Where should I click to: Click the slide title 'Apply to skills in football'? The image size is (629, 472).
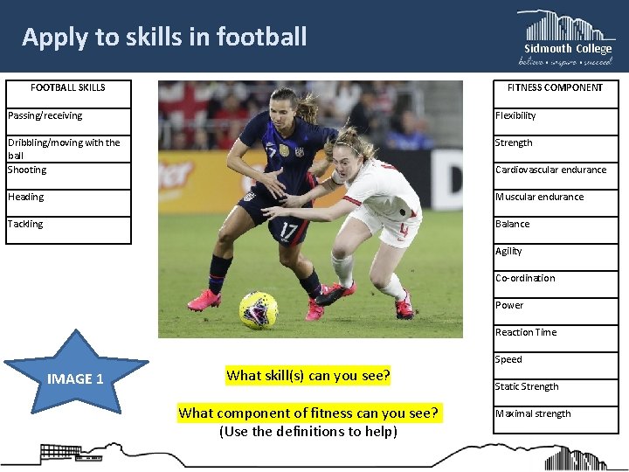[x=164, y=37]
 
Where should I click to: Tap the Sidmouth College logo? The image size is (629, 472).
[x=566, y=38]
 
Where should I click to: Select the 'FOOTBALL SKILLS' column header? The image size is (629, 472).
[x=68, y=87]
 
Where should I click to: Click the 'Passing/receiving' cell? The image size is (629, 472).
[x=68, y=115]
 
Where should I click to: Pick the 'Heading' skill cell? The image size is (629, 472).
[x=68, y=197]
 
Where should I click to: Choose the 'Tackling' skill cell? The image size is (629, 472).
[x=68, y=225]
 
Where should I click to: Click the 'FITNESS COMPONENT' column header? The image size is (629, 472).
[x=555, y=87]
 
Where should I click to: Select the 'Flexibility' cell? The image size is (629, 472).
[x=555, y=115]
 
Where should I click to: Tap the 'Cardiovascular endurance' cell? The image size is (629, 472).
[x=555, y=170]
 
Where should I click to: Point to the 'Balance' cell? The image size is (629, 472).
[x=555, y=224]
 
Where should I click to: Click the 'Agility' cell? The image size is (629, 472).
[x=555, y=251]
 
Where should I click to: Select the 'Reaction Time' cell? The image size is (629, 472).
[x=555, y=332]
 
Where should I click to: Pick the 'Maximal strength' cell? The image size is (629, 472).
[x=555, y=413]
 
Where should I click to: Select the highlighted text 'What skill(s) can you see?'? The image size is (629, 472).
[x=308, y=376]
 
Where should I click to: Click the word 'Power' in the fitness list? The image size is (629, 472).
[x=509, y=305]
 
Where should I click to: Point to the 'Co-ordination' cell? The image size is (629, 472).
[x=555, y=278]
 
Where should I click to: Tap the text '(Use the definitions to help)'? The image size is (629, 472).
[x=308, y=431]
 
